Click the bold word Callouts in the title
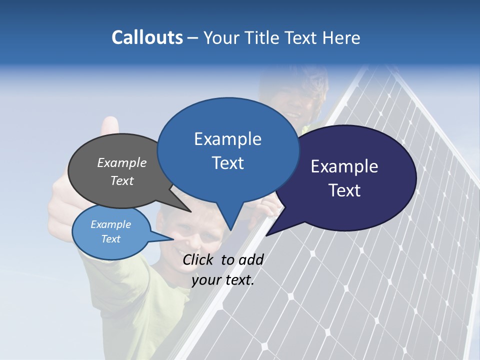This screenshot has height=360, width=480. click(x=147, y=37)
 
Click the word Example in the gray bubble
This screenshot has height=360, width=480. click(x=122, y=163)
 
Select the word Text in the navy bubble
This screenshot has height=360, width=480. click(x=344, y=190)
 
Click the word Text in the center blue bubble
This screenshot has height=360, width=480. click(x=228, y=163)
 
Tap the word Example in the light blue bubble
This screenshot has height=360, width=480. click(x=111, y=224)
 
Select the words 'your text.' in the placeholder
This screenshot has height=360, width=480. click(x=223, y=280)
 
